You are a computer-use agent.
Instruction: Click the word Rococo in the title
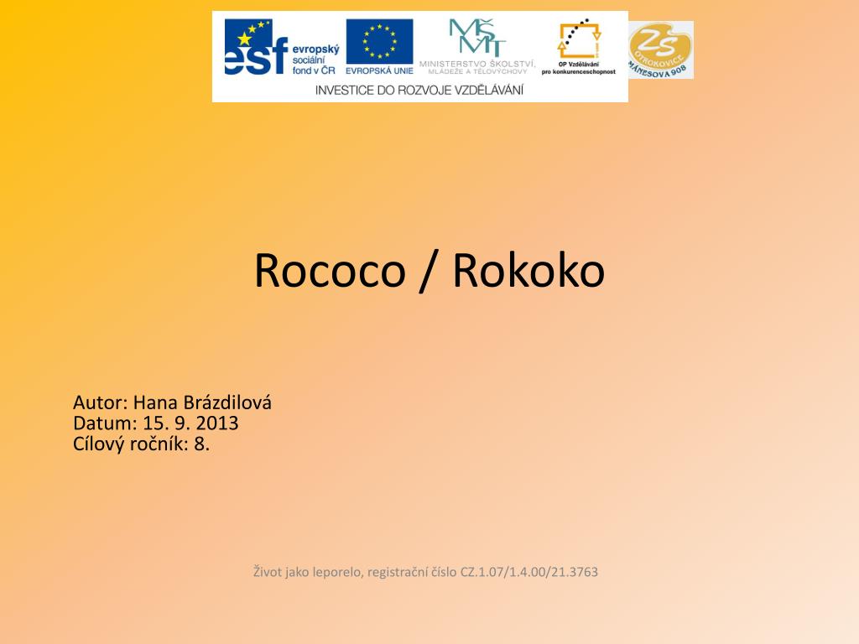[330, 270]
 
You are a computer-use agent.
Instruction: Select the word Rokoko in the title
[528, 270]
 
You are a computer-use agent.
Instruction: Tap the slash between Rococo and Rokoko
[429, 270]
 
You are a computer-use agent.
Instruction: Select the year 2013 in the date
[217, 423]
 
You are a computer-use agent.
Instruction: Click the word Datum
[103, 423]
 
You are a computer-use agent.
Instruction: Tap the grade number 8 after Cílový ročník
[200, 444]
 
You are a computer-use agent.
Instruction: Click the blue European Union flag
[379, 41]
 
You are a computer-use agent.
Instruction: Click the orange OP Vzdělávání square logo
[579, 39]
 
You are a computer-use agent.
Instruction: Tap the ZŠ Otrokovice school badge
[661, 49]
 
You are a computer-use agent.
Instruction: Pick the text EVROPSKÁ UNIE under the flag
[379, 71]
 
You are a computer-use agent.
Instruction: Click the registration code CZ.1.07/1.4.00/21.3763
[529, 572]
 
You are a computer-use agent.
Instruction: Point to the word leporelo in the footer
[336, 572]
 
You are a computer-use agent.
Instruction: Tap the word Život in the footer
[268, 572]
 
